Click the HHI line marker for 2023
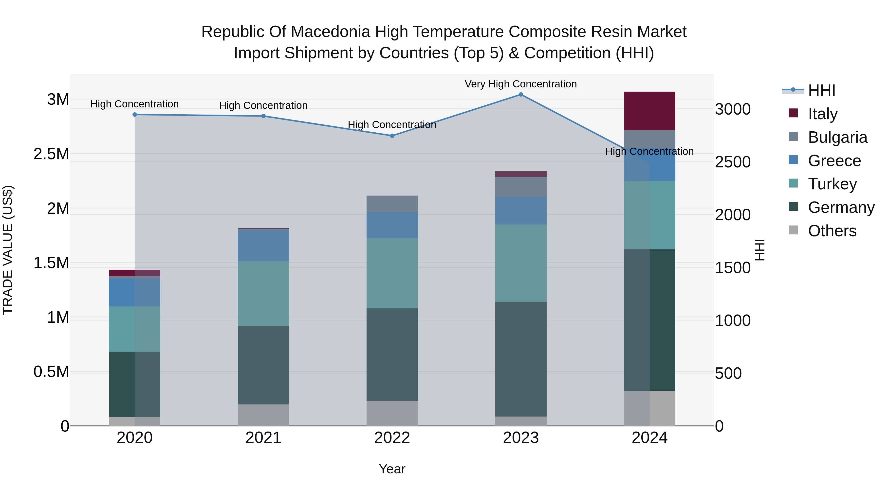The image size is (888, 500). click(x=520, y=95)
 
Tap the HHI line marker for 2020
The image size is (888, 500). click(x=135, y=115)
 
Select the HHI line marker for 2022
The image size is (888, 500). click(x=392, y=136)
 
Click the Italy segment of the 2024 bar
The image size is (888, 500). click(x=649, y=111)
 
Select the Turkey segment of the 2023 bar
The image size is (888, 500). click(x=520, y=263)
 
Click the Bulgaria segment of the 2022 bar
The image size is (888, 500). click(x=392, y=204)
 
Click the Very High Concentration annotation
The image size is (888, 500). click(x=520, y=84)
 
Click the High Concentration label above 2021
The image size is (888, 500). click(x=263, y=105)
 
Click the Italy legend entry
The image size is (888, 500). click(x=822, y=114)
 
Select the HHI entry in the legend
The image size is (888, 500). click(x=821, y=90)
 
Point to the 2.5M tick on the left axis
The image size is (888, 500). click(x=51, y=154)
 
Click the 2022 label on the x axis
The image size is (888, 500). click(x=392, y=438)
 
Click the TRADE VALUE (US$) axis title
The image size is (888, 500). click(x=8, y=250)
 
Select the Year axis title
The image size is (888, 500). click(x=392, y=469)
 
